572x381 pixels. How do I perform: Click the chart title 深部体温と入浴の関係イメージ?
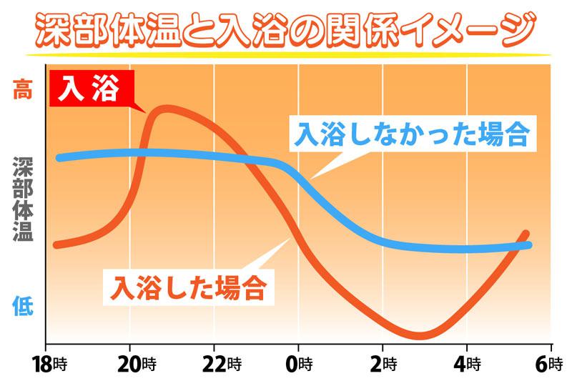pyautogui.click(x=286, y=27)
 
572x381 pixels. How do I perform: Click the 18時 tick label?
pyautogui.click(x=47, y=362)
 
